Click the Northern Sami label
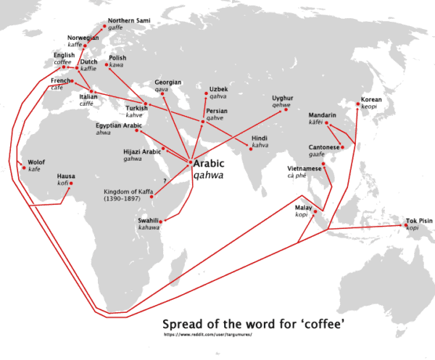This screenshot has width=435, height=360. pos(129,20)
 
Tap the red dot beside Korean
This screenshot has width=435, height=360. pos(358,106)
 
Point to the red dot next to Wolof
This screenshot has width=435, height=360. pos(22,162)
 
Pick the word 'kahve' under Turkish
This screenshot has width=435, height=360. pos(134,115)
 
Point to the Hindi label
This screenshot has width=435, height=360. pos(260,138)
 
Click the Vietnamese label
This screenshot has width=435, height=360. pos(304,168)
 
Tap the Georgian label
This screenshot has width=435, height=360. pos(168,83)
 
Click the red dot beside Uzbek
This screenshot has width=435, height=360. pos(204,93)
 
